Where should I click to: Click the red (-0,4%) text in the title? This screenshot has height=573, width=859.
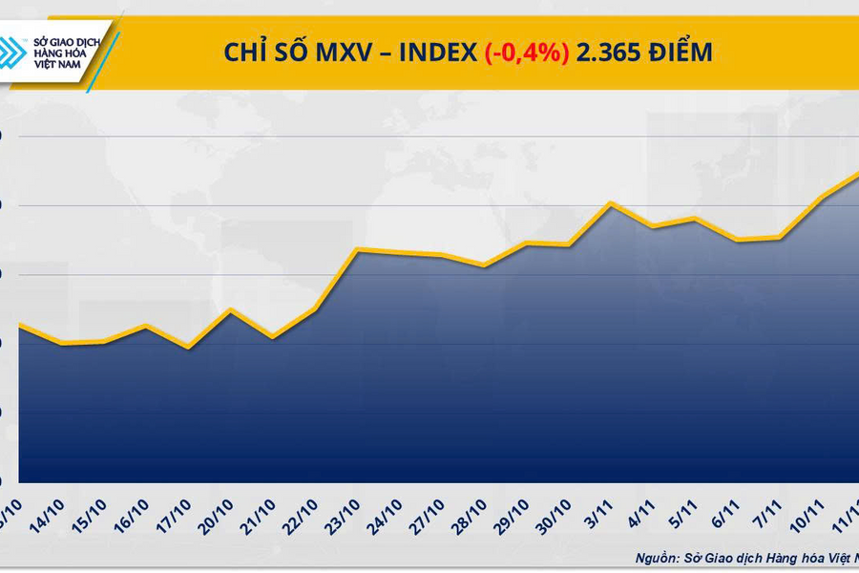pyautogui.click(x=527, y=53)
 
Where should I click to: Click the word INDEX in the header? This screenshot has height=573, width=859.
pyautogui.click(x=437, y=53)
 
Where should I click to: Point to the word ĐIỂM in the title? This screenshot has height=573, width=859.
pyautogui.click(x=680, y=53)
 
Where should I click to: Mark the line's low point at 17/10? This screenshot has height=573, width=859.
pyautogui.click(x=188, y=348)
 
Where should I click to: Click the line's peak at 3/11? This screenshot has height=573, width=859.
pyautogui.click(x=610, y=202)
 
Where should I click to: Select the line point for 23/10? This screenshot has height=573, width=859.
pyautogui.click(x=357, y=249)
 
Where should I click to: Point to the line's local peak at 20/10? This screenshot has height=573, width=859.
pyautogui.click(x=230, y=309)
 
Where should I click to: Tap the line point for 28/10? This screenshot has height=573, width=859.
pyautogui.click(x=484, y=265)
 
